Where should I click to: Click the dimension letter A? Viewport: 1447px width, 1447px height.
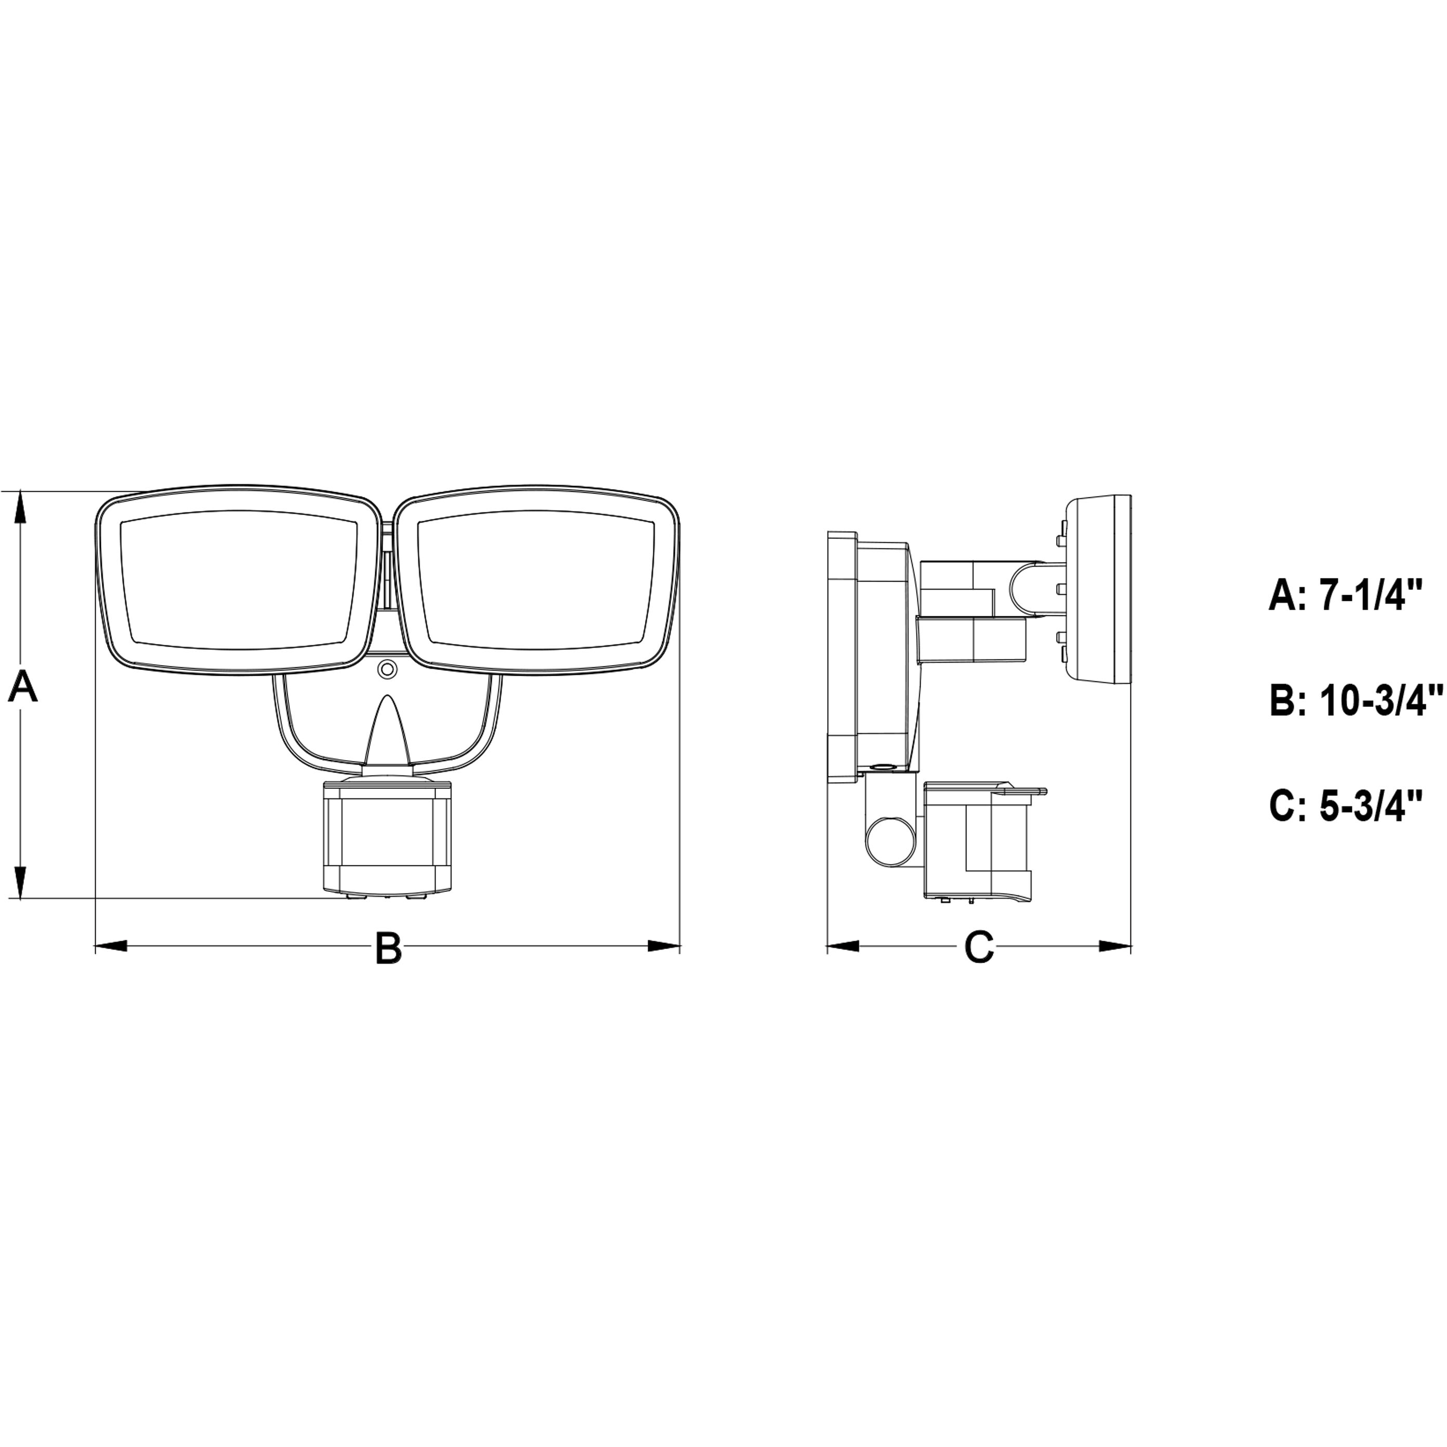coord(22,688)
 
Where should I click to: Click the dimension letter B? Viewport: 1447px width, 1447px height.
coord(388,948)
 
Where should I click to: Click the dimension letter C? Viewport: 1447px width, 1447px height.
coord(979,948)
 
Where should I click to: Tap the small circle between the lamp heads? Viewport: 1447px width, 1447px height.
coord(387,668)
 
